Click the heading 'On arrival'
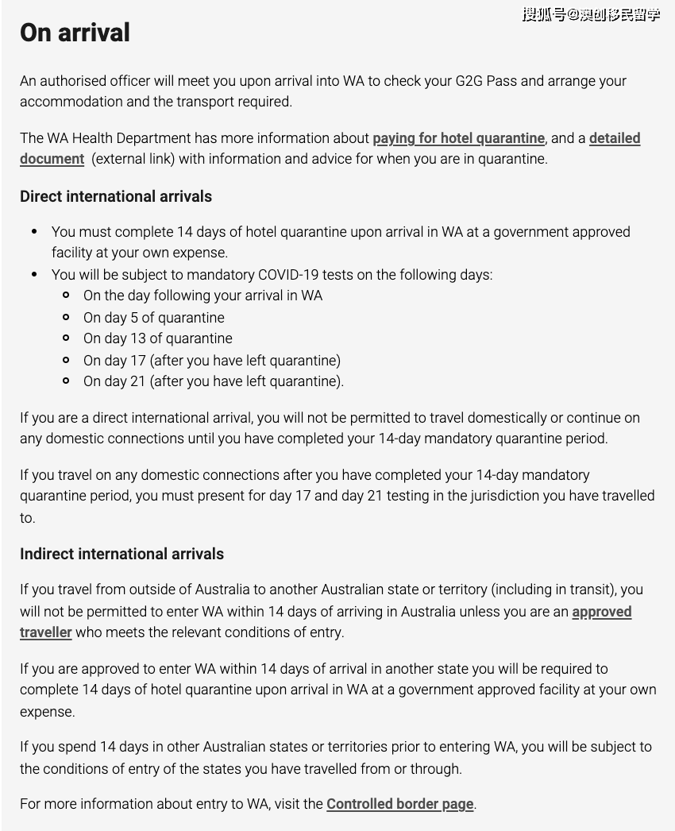coord(75,33)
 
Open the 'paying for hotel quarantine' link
coord(458,138)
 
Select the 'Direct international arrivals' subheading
coord(116,196)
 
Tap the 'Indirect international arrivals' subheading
coord(121,554)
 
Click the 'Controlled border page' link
coord(400,804)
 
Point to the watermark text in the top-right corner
coord(591,14)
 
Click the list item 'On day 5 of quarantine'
coord(153,318)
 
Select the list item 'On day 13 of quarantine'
coord(157,338)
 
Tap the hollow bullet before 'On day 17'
coord(67,361)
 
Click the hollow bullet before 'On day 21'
coord(67,381)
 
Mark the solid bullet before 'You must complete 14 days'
coord(35,232)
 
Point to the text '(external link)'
coord(133,159)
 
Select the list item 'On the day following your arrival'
coord(202,296)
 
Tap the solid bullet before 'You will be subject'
coord(35,275)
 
